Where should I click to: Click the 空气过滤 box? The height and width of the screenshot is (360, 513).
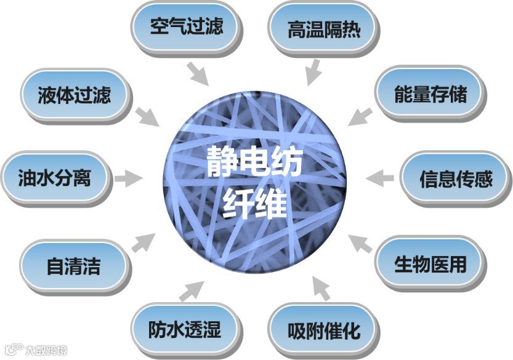point(186,26)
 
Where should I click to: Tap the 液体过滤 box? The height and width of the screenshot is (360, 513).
point(74,95)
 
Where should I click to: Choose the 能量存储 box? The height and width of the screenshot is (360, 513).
point(430,94)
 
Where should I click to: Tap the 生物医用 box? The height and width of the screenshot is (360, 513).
point(430,264)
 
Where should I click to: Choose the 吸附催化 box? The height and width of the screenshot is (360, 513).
point(323,331)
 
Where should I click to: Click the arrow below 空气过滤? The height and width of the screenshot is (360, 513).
point(198,74)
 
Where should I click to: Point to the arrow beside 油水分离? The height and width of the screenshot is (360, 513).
point(129,178)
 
